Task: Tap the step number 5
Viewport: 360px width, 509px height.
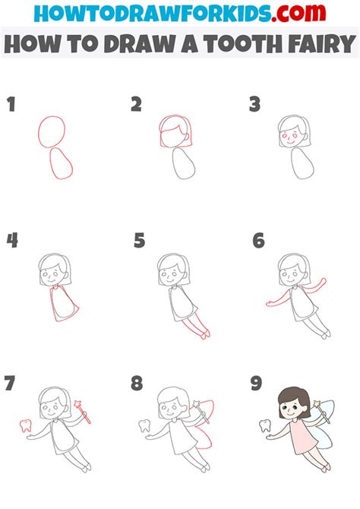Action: (139, 242)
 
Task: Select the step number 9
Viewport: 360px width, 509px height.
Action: (257, 383)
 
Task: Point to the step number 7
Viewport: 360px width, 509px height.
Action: (10, 383)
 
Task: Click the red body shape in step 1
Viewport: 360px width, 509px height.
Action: (61, 163)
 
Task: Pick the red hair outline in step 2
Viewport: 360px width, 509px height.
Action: (175, 129)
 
